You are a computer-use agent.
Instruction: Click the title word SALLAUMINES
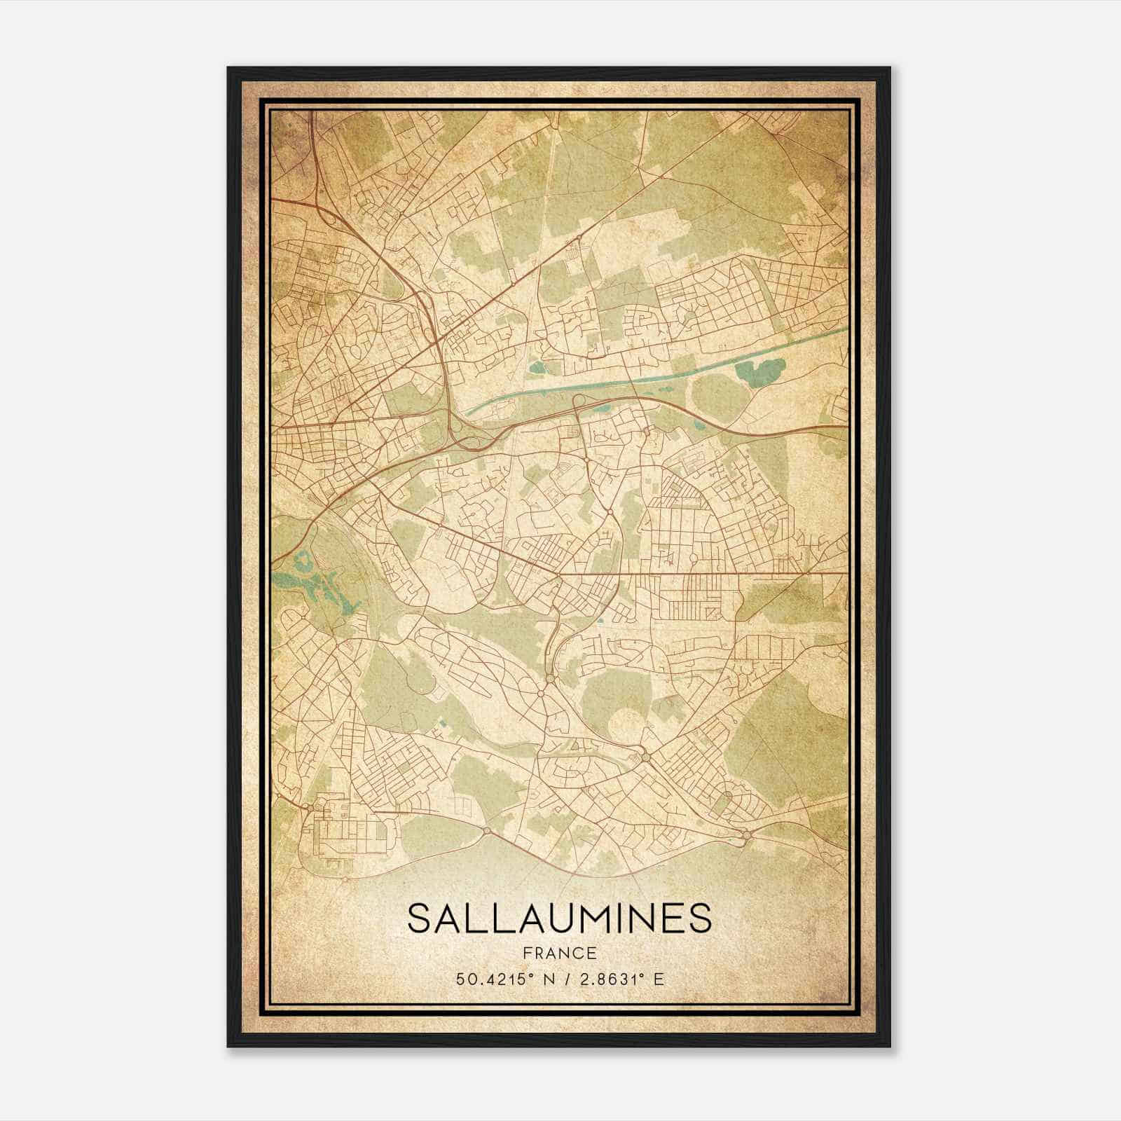559,919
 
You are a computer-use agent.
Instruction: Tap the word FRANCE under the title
559,954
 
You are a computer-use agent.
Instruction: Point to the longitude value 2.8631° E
619,979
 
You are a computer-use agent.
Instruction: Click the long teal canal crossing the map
631,382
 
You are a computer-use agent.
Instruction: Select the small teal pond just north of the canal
537,366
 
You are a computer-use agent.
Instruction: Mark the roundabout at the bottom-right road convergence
747,834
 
